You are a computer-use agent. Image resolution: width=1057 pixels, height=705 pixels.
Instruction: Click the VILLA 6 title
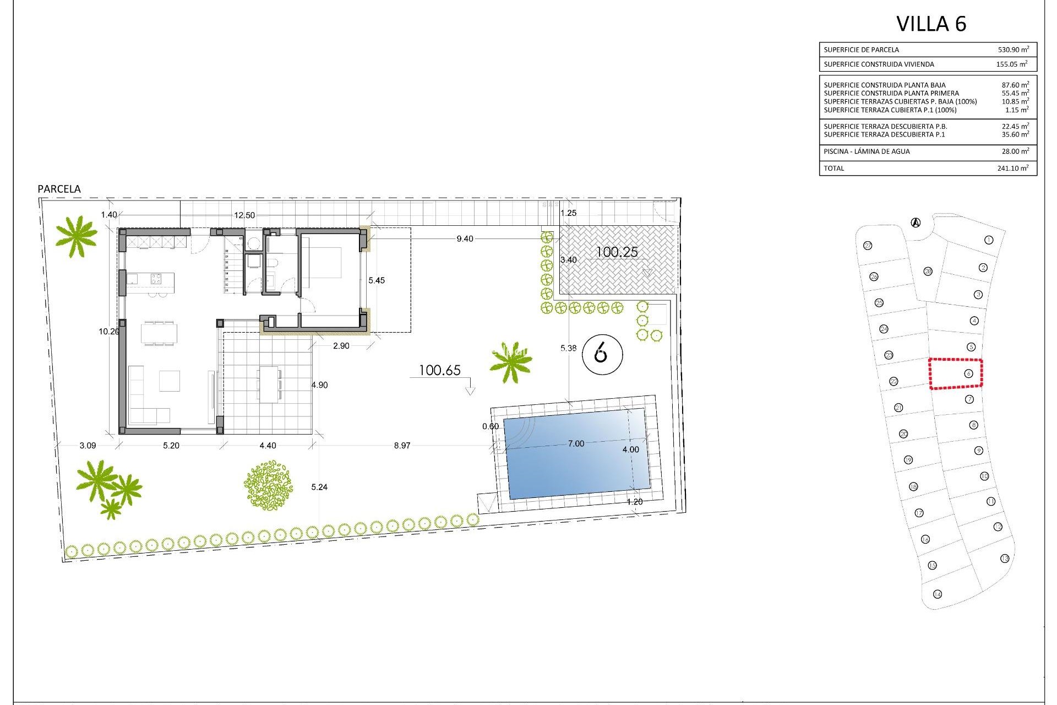[x=931, y=24]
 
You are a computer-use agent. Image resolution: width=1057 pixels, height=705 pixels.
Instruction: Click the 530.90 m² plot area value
[x=1013, y=50]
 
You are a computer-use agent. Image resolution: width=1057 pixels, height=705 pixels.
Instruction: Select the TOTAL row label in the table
[x=833, y=169]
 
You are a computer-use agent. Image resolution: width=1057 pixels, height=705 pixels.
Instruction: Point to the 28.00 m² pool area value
[x=1013, y=151]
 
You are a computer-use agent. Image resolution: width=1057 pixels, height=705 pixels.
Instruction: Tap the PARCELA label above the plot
[x=59, y=189]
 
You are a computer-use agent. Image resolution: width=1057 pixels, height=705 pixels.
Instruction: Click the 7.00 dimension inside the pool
[x=576, y=444]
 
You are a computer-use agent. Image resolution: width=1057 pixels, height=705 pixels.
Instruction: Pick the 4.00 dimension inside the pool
[x=630, y=449]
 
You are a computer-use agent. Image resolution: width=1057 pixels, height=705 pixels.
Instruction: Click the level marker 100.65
[x=439, y=370]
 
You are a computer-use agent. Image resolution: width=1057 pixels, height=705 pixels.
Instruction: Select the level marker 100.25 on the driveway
[x=617, y=252]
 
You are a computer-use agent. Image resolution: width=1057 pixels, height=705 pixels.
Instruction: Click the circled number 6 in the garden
[x=602, y=353]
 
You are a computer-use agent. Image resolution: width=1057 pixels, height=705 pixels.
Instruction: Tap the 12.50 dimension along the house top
[x=244, y=215]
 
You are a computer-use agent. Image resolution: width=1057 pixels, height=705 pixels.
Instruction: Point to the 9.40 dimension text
[x=465, y=239]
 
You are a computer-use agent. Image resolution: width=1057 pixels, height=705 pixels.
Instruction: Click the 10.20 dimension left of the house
[x=108, y=332]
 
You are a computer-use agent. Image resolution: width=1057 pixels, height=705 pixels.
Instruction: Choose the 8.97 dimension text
[x=402, y=446]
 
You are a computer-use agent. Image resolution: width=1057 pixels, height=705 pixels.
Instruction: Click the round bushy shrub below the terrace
[x=268, y=485]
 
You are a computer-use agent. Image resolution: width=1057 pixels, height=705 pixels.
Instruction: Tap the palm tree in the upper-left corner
[x=76, y=236]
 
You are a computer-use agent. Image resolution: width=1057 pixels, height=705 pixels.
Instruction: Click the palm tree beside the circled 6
[x=511, y=361]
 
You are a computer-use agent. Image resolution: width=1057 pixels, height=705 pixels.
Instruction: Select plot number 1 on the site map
[x=989, y=240]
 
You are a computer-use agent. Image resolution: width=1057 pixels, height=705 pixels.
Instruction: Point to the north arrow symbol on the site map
[x=916, y=223]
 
